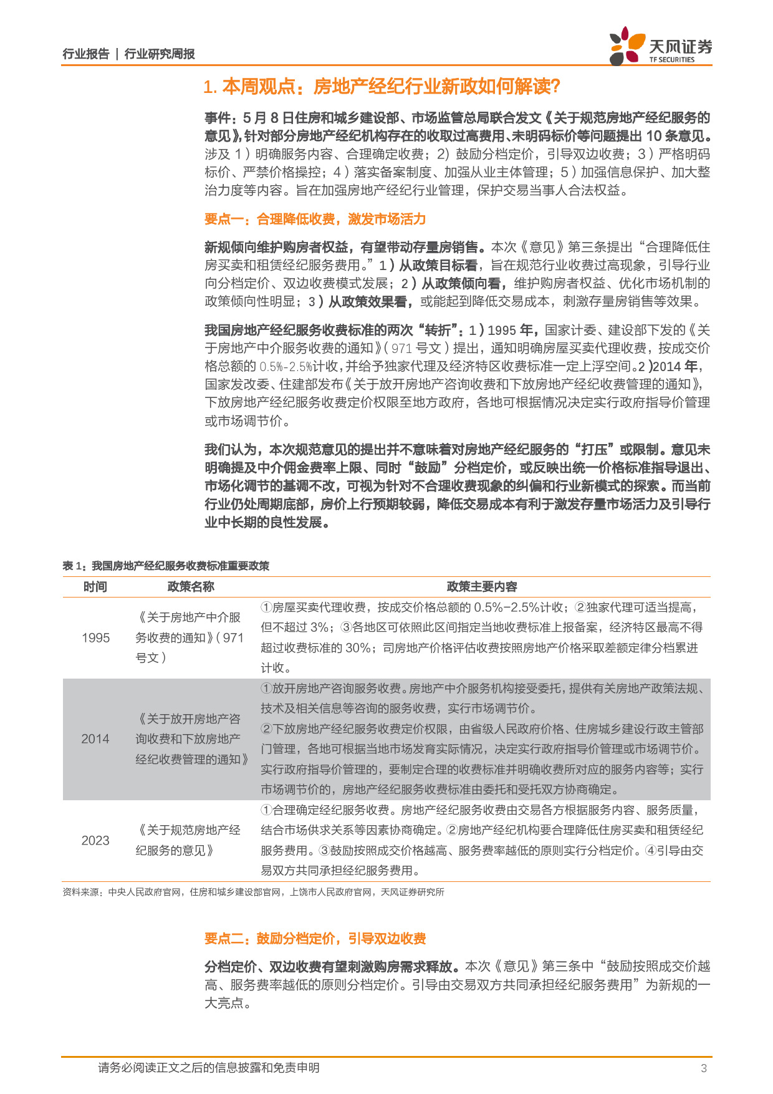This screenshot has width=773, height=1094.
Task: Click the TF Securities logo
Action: click(660, 46)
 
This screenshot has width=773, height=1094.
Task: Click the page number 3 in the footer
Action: click(704, 1068)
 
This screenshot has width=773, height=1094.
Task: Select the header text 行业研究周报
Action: click(160, 54)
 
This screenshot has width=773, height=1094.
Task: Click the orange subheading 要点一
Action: click(315, 219)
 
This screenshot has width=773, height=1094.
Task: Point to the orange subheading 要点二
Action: click(315, 938)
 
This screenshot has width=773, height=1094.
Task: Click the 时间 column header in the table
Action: click(95, 586)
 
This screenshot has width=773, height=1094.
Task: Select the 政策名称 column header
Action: click(191, 586)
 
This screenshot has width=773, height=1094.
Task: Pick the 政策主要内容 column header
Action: click(482, 586)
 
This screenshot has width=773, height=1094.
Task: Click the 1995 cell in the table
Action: click(95, 637)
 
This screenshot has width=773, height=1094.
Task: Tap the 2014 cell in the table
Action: click(95, 738)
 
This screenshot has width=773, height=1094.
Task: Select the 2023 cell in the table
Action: click(95, 840)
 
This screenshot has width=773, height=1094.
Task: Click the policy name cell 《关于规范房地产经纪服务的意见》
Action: click(189, 840)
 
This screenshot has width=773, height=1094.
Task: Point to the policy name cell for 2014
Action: click(191, 738)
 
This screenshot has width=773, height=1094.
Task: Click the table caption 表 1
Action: click(166, 566)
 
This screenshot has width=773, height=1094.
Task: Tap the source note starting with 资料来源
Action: click(253, 892)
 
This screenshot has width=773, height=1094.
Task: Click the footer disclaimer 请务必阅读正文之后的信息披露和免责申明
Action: click(208, 1068)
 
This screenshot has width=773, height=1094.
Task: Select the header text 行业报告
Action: click(86, 54)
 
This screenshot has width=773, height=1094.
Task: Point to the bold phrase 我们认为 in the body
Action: click(231, 450)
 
